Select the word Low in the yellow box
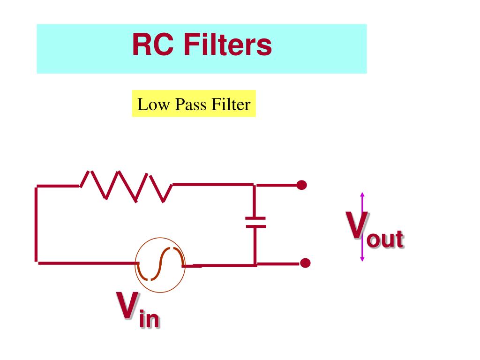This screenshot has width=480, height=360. click(x=153, y=105)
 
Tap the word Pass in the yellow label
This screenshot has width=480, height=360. click(x=190, y=105)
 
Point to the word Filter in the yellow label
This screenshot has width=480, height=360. click(x=231, y=105)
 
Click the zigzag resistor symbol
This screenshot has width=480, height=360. click(x=126, y=187)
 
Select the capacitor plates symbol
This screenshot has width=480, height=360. click(x=255, y=223)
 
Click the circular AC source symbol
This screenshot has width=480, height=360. click(x=160, y=265)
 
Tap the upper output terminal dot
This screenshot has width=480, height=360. click(x=301, y=185)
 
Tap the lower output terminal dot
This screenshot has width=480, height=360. click(x=305, y=263)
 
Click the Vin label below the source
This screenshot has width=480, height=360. click(x=138, y=309)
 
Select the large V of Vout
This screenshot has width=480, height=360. click(x=357, y=225)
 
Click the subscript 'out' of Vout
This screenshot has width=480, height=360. click(x=385, y=239)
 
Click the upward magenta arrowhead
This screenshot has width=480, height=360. click(x=362, y=195)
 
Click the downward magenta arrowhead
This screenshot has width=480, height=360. click(x=362, y=259)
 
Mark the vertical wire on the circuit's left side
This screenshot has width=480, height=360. click(x=36, y=224)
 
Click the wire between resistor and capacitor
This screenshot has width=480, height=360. click(x=213, y=185)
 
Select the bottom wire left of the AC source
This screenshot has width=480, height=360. click(x=87, y=263)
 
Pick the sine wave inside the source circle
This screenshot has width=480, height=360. click(x=160, y=264)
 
